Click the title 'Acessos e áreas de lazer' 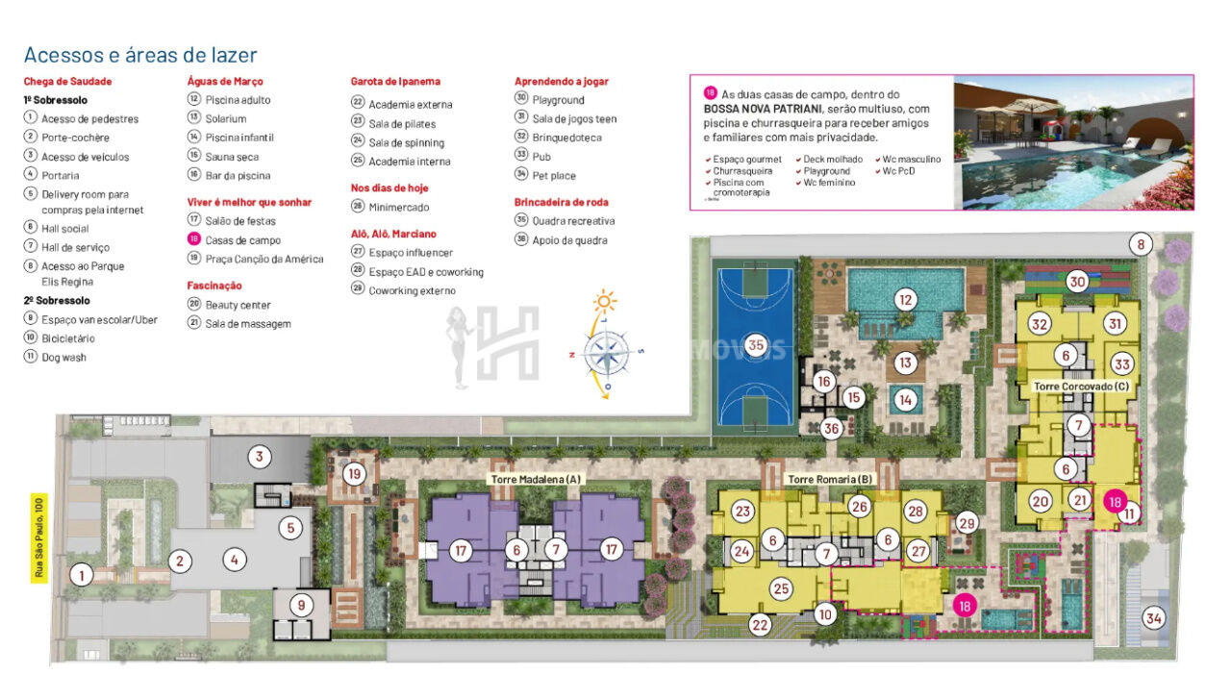[x=140, y=55]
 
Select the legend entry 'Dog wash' [x=63, y=358]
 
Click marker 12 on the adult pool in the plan [x=904, y=299]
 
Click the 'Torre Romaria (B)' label [x=830, y=479]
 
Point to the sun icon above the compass [x=605, y=301]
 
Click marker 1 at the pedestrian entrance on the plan [x=82, y=576]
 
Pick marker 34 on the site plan [x=1152, y=617]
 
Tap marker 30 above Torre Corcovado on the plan [x=1077, y=282]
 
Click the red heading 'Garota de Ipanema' [x=395, y=82]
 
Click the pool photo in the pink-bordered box [x=1072, y=142]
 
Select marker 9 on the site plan [x=301, y=606]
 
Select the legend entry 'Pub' [x=541, y=156]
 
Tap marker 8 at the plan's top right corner [x=1141, y=244]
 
